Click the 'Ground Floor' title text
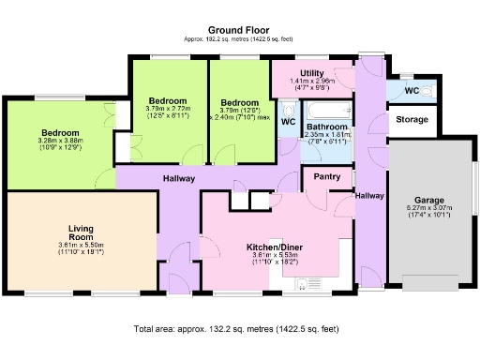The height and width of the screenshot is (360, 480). (x=240, y=30)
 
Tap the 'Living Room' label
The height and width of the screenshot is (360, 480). (x=80, y=232)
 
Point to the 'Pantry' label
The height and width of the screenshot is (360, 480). (x=326, y=176)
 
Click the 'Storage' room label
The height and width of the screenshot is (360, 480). (x=412, y=120)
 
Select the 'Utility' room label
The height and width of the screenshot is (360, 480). (x=312, y=73)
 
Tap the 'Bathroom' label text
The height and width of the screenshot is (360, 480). (x=327, y=126)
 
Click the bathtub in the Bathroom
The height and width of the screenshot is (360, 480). (x=327, y=106)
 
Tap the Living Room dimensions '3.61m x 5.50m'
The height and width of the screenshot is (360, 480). (x=80, y=247)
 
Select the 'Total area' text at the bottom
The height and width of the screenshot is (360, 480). (x=236, y=330)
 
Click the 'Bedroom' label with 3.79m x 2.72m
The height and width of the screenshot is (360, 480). (x=167, y=100)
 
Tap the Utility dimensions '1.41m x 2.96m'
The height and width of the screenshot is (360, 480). (x=312, y=82)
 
